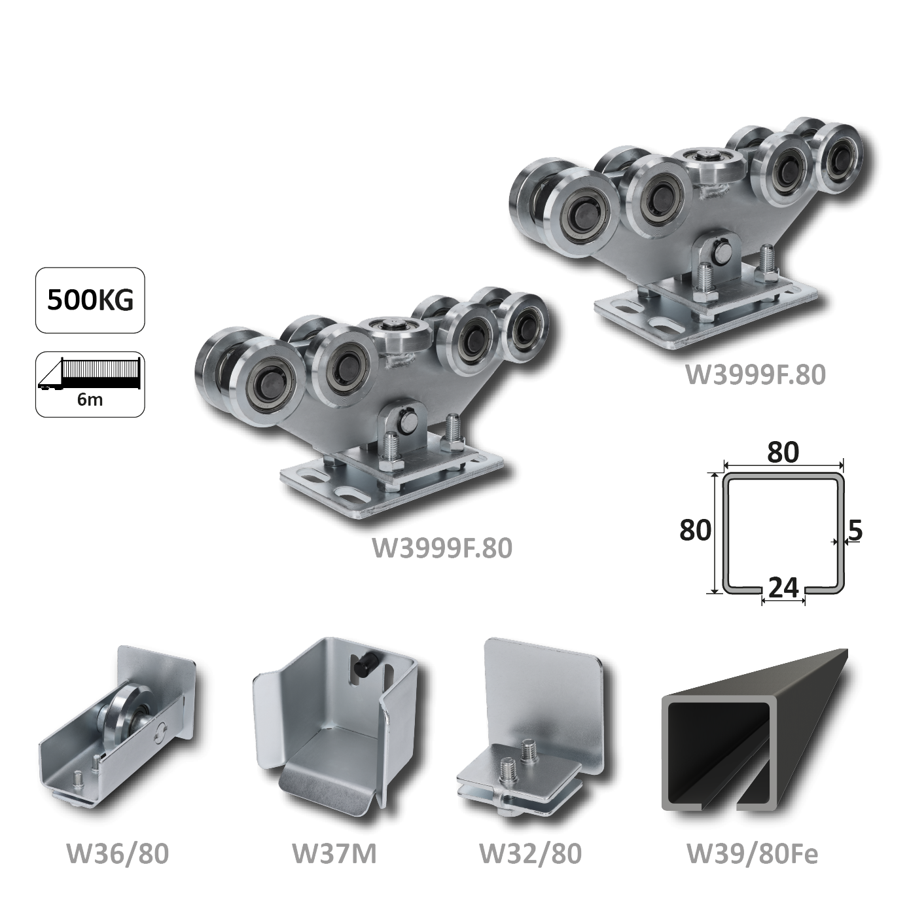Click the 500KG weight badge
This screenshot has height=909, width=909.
pos(90,300)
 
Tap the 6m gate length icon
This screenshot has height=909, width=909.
pos(90,384)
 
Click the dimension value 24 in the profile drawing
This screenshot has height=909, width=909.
pos(783,587)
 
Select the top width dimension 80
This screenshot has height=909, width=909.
pos(783,452)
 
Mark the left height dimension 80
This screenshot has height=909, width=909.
pos(695,531)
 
